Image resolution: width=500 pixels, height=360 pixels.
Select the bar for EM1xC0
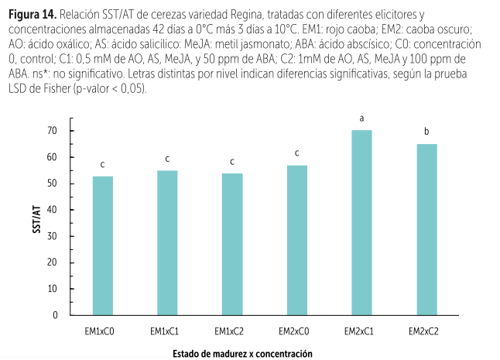click(x=102, y=245)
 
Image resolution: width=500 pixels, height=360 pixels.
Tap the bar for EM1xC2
click(x=232, y=244)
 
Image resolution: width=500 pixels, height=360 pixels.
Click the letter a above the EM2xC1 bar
click(x=361, y=118)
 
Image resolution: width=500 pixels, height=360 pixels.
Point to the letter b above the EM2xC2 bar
click(x=426, y=131)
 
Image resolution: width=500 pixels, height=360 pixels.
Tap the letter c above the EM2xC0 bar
click(x=296, y=153)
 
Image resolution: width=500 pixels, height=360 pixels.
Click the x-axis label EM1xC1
click(x=167, y=331)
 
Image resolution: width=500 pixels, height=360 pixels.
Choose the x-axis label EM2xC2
click(x=426, y=331)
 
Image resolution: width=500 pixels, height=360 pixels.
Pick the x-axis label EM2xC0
click(x=296, y=331)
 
